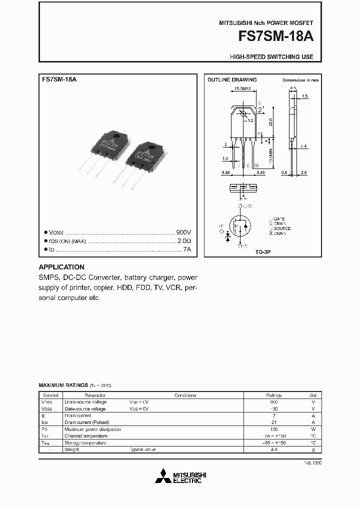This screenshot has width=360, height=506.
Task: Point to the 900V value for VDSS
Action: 183,232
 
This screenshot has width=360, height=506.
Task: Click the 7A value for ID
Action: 187,249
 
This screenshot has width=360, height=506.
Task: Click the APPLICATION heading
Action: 61,267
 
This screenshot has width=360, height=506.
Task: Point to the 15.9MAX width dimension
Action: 244,90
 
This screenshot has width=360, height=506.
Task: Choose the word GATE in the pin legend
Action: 278,219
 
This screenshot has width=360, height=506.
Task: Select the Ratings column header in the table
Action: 273,395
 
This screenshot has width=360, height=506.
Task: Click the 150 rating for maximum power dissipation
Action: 273,429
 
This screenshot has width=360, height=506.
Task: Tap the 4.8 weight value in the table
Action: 273,449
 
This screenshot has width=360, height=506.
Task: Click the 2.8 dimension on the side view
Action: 303,172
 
